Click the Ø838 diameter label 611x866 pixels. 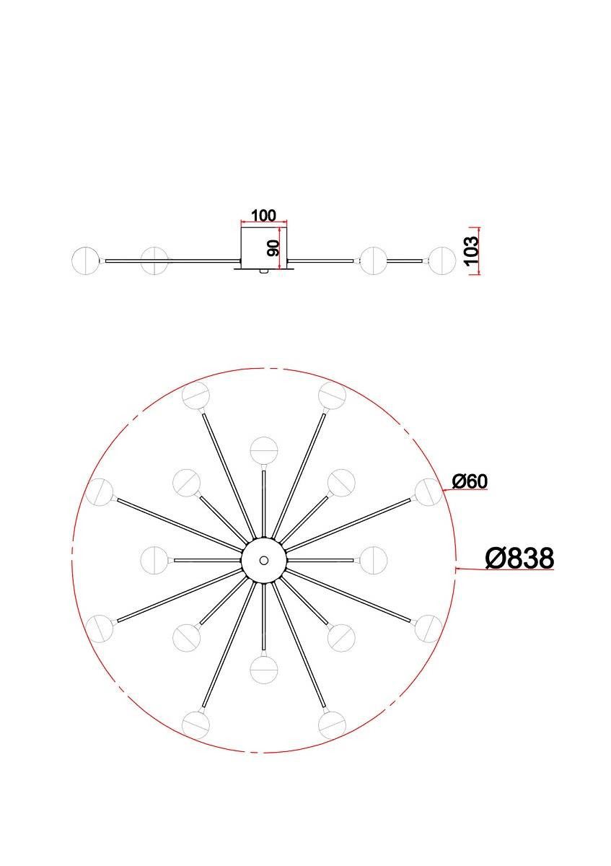pos(519,558)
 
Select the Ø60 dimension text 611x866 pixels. pos(470,481)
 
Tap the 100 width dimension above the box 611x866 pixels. pos(264,215)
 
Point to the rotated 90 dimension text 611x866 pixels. pos(273,248)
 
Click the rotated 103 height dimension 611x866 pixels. pos(472,251)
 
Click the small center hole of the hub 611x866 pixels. pos(264,560)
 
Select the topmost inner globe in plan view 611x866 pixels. pos(263,451)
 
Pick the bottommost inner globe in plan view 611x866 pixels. pos(263,669)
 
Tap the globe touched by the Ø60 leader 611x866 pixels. pos(428,492)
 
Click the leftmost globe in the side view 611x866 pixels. pos(86,261)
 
